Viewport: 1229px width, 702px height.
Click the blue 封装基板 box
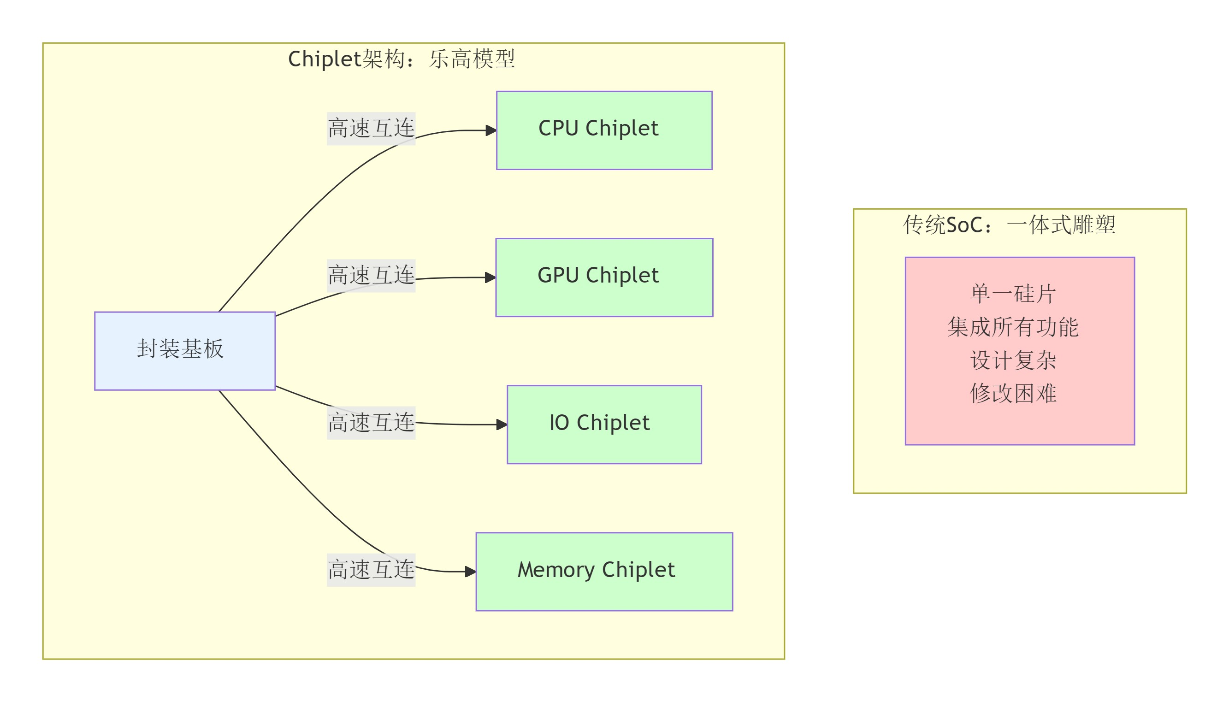click(x=185, y=350)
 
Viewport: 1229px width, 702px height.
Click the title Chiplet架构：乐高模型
click(x=401, y=59)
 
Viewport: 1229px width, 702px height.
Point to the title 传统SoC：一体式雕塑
click(x=1009, y=224)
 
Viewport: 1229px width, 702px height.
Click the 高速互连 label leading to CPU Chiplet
click(x=371, y=128)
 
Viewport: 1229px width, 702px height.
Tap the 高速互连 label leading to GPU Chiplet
click(x=371, y=275)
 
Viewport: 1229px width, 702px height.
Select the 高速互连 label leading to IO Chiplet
click(x=371, y=422)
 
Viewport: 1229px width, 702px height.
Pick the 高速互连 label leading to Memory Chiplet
click(x=371, y=569)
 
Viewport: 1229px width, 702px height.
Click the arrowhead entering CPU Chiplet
click(x=491, y=130)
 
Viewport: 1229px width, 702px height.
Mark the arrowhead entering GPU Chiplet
click(x=490, y=277)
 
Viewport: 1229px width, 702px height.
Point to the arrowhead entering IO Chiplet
click(x=502, y=424)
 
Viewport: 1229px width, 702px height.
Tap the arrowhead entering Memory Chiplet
click(x=471, y=572)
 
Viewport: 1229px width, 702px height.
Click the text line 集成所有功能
click(x=1012, y=327)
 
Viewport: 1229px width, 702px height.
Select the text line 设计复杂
click(x=1012, y=360)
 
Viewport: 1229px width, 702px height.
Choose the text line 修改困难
click(x=1012, y=393)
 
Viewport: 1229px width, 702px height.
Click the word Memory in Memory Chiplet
click(x=555, y=570)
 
